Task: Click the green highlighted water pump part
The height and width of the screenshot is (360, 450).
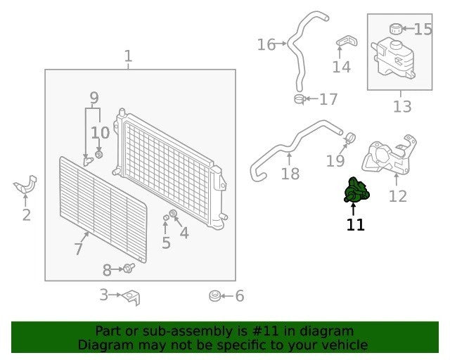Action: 356,191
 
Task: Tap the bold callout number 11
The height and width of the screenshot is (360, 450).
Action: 356,225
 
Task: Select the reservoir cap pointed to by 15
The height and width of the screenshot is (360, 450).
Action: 395,29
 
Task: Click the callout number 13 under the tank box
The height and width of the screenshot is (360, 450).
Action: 402,106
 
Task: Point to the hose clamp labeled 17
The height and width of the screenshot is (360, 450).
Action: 300,99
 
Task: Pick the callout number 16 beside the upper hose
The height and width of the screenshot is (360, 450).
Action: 266,45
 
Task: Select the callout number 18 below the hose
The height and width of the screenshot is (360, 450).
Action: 290,174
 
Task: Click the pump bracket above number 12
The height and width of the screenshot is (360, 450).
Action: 390,157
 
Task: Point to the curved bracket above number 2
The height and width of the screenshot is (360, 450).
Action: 25,185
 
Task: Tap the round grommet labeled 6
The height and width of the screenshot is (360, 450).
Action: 214,296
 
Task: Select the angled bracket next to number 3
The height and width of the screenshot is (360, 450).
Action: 132,297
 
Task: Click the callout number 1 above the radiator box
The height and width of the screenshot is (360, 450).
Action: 128,56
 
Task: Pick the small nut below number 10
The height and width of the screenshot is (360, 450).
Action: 98,155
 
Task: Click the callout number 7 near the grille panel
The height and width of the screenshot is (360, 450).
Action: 78,249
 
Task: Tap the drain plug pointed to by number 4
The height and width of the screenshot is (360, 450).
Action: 173,214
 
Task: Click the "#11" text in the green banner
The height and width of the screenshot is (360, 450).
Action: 265,331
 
